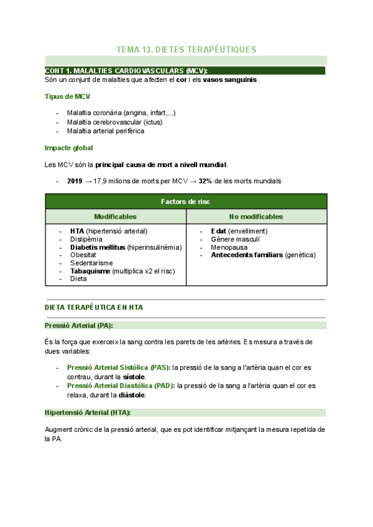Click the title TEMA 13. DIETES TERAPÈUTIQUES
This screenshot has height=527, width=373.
point(186,49)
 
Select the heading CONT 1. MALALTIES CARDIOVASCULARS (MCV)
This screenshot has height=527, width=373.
point(126,71)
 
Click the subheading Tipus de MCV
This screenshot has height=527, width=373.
point(67,96)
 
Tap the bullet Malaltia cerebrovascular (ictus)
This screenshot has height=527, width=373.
point(114,122)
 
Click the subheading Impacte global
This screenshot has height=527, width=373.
point(69,148)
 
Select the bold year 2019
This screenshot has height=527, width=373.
point(75,181)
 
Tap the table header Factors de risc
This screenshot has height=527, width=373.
point(186,201)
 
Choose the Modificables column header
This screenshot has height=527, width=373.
point(115,216)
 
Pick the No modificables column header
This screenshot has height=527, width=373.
point(256,216)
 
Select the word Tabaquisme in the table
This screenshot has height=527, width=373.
point(91,271)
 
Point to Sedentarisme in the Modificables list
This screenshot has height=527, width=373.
point(92,263)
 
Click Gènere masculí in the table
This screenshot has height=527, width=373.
point(235,239)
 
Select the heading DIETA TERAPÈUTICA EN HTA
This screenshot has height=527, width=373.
point(94,308)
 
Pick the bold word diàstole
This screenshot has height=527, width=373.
point(132,395)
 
